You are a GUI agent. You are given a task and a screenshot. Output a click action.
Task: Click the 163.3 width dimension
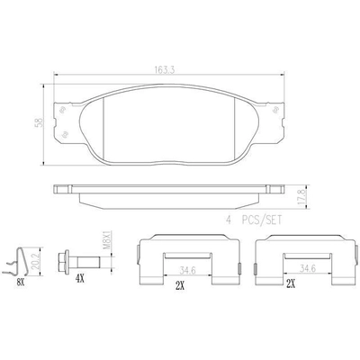point(165,70)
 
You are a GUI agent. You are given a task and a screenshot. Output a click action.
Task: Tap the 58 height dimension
point(39,122)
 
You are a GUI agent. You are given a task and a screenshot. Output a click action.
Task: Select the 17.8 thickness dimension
point(302,196)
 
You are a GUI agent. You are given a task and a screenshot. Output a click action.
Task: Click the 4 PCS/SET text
point(254,220)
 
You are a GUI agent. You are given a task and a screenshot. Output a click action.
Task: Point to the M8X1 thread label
point(107,240)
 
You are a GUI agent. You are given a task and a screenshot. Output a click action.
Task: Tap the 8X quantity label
point(21,282)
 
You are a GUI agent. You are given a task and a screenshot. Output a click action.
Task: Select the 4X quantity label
point(79,280)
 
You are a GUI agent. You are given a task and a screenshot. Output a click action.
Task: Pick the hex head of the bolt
point(63,262)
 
